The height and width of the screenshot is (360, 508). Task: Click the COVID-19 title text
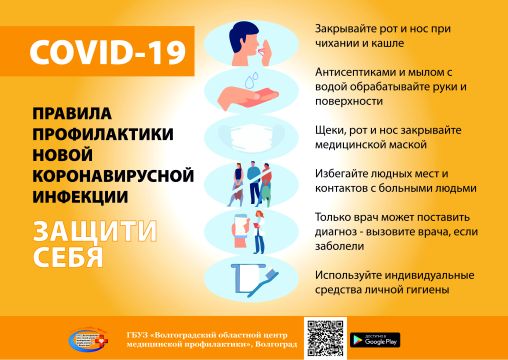pyautogui.click(x=107, y=52)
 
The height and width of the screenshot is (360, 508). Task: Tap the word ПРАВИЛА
pyautogui.click(x=72, y=113)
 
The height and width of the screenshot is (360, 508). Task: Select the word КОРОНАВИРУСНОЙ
pyautogui.click(x=113, y=176)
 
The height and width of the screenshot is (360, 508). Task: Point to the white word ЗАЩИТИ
pyautogui.click(x=95, y=231)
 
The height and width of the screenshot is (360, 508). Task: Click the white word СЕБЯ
pyautogui.click(x=68, y=257)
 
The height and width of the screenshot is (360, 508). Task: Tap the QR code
pyautogui.click(x=325, y=338)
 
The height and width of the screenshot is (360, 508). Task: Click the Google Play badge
pyautogui.click(x=375, y=340)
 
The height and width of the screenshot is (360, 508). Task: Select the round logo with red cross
pyautogui.click(x=88, y=340)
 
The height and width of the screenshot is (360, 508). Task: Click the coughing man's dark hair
pyautogui.click(x=242, y=34)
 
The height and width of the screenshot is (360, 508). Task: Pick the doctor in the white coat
pyautogui.click(x=259, y=232)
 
